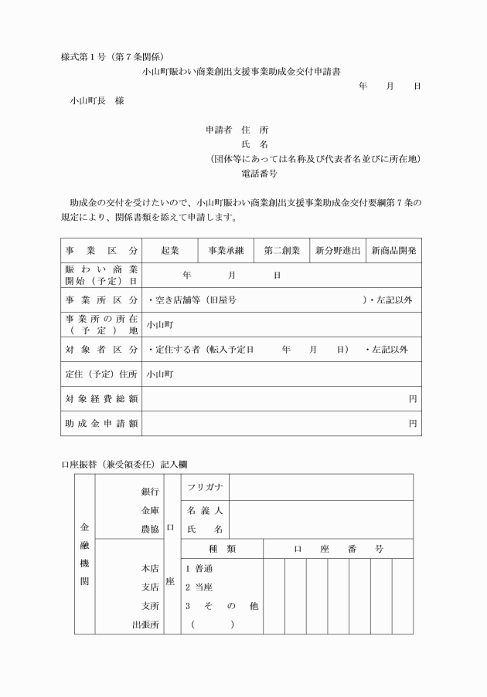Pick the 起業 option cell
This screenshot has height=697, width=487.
click(x=169, y=251)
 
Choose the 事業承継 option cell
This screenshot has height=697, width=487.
click(x=226, y=251)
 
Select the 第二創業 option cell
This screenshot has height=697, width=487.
click(x=282, y=251)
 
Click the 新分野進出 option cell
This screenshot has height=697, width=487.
click(x=338, y=251)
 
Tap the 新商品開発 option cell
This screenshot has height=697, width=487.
click(x=394, y=251)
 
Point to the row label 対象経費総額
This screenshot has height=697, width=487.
click(x=101, y=399)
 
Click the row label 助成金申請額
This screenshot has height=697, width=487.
click(x=101, y=424)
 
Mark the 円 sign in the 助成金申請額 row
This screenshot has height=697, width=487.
click(x=413, y=424)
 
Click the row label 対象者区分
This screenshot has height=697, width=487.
click(x=101, y=350)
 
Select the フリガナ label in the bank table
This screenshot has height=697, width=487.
click(x=205, y=487)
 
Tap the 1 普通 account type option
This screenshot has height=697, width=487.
click(x=199, y=569)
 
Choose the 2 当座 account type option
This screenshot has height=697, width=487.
click(x=199, y=587)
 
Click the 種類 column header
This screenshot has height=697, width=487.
click(x=222, y=549)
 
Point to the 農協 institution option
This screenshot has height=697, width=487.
click(x=150, y=530)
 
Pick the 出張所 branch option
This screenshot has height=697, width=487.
click(x=145, y=624)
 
